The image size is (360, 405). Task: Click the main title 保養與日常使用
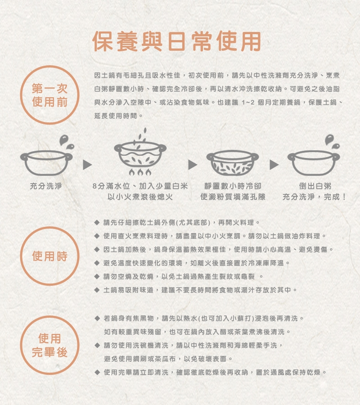pyautogui.click(x=177, y=41)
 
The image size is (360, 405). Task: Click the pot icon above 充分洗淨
pyautogui.click(x=46, y=163)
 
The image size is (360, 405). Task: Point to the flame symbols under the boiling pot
pyautogui.click(x=140, y=172)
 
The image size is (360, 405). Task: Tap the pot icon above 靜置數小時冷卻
pyautogui.click(x=232, y=163)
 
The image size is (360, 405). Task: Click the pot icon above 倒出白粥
pyautogui.click(x=314, y=163)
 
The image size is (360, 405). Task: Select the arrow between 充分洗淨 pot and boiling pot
pyautogui.click(x=87, y=165)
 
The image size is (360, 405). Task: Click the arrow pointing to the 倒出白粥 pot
pyautogui.click(x=274, y=165)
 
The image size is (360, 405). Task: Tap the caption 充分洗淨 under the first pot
pyautogui.click(x=46, y=186)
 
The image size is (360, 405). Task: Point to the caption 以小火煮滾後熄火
pyautogui.click(x=140, y=197)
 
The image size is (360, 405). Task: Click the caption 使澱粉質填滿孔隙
pyautogui.click(x=233, y=197)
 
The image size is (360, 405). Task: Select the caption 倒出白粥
pyautogui.click(x=315, y=186)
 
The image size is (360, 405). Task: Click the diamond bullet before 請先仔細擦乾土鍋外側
pyautogui.click(x=97, y=222)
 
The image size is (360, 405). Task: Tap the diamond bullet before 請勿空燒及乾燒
pyautogui.click(x=97, y=277)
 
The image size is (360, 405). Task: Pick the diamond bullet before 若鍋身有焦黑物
pyautogui.click(x=97, y=318)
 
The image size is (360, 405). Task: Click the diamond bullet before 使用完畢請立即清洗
pyautogui.click(x=97, y=373)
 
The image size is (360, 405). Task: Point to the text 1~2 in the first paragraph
pyautogui.click(x=248, y=103)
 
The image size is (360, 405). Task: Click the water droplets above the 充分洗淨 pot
pyautogui.click(x=66, y=142)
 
